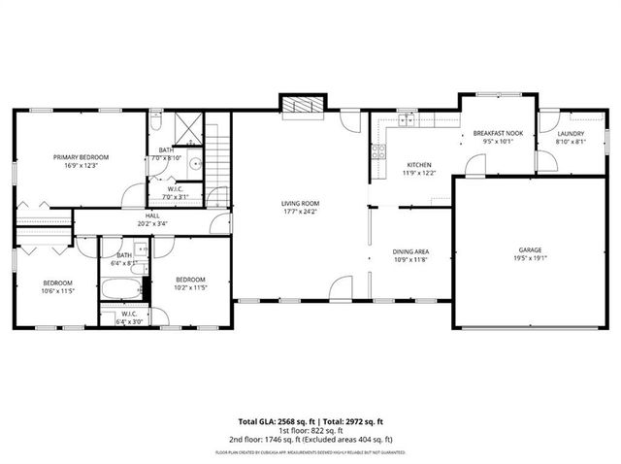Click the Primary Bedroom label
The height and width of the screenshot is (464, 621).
click(x=81, y=157)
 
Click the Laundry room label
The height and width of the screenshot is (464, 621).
click(x=570, y=133)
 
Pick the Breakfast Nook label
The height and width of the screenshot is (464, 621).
click(x=498, y=133)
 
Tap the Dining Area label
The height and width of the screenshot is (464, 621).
click(x=411, y=250)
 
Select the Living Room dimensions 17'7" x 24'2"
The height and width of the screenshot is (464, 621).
click(x=300, y=212)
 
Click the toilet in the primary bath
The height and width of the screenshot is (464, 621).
click(x=158, y=123)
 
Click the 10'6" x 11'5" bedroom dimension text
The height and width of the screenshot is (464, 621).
click(x=58, y=290)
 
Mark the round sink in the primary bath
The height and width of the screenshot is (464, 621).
click(x=195, y=163)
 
